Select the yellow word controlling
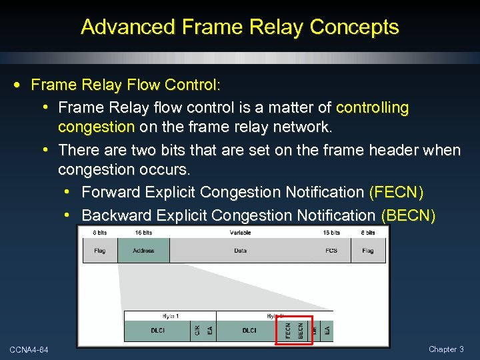[373, 108]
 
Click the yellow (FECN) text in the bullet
[396, 193]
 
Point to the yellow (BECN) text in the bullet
[408, 215]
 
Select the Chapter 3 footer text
[447, 349]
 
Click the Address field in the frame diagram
[143, 251]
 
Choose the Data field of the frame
[241, 251]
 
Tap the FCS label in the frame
[331, 251]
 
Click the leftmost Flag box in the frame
[100, 251]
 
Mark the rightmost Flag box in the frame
[368, 251]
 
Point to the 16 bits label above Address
[143, 233]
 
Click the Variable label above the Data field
[241, 233]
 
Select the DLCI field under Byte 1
[157, 330]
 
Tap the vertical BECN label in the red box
[301, 330]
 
